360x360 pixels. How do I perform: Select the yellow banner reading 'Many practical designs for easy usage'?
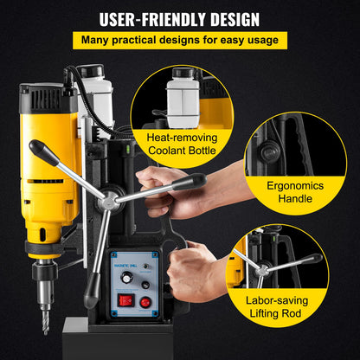[180, 40]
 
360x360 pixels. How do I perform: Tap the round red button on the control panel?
[145, 302]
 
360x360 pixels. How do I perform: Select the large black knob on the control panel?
[127, 277]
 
